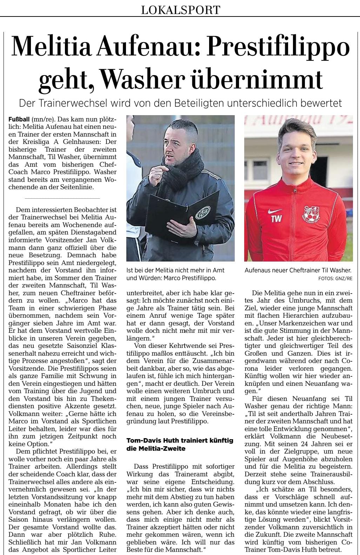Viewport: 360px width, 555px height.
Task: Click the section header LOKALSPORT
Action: [x=180, y=10]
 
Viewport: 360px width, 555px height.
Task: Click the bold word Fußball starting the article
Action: [x=19, y=119]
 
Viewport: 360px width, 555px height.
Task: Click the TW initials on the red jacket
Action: [x=276, y=220]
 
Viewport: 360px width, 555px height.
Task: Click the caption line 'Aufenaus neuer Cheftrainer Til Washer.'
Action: [x=298, y=270]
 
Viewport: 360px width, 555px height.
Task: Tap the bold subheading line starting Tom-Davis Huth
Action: [x=180, y=441]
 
